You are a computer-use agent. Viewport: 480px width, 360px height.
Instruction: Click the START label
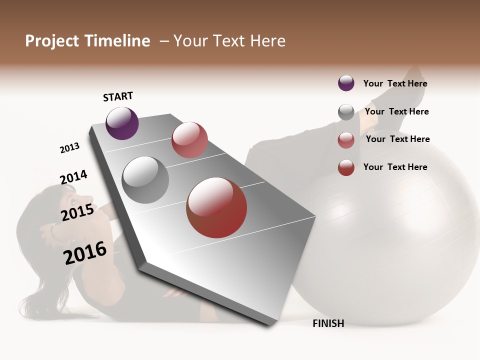coord(118,96)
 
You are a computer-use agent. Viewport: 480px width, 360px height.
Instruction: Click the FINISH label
coord(328,323)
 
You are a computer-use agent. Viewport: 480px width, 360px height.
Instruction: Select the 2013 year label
coord(69,148)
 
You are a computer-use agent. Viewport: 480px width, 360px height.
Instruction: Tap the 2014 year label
coord(73,177)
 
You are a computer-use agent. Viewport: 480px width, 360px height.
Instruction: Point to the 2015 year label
coord(77,212)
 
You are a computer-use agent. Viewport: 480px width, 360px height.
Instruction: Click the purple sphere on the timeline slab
coord(122,123)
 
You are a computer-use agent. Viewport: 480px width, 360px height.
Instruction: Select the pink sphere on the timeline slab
coord(189,140)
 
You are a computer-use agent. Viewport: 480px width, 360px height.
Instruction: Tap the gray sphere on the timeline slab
coord(145,180)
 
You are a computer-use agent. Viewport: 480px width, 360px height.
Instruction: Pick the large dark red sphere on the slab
coord(216,207)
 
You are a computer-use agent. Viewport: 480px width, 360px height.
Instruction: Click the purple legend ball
coord(346,83)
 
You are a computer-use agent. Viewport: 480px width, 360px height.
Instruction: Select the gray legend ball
coord(346,112)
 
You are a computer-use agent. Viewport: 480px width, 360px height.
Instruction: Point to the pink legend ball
coord(346,140)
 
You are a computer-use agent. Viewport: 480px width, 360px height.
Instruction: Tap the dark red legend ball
coord(346,167)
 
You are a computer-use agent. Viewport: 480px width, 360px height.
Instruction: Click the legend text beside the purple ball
coord(395,83)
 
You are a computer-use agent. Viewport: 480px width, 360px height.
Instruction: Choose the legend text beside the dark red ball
coord(395,167)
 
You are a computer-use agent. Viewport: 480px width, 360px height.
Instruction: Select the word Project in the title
coord(52,41)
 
